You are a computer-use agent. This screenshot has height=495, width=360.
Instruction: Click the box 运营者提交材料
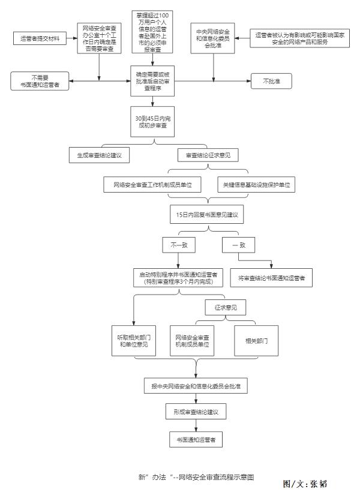coord(40,40)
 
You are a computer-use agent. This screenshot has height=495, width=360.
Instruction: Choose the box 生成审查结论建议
coord(99,155)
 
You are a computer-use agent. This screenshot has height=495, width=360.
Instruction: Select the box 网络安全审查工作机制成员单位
coord(152,185)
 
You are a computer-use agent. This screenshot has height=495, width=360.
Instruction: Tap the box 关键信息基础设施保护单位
coord(256,185)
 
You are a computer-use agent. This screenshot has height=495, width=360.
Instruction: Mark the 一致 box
coord(238,245)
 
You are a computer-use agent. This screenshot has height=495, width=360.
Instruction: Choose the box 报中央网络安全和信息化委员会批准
coord(196,385)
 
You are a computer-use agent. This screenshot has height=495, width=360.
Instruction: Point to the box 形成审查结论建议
coord(196,413)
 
